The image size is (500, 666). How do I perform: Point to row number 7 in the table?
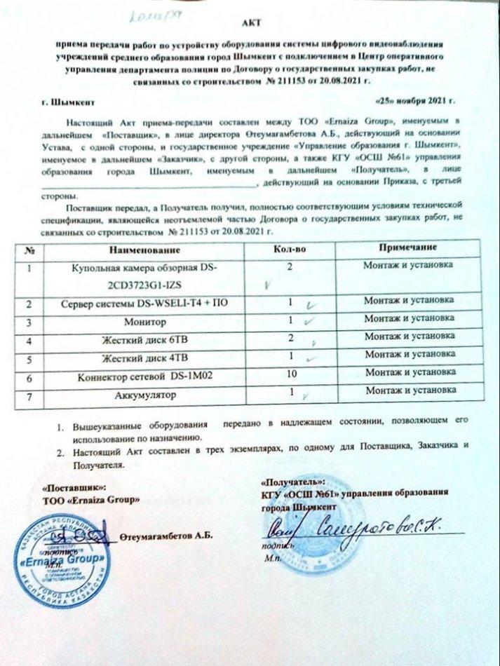(29, 396)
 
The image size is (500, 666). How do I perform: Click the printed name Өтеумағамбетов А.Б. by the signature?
(166, 538)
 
